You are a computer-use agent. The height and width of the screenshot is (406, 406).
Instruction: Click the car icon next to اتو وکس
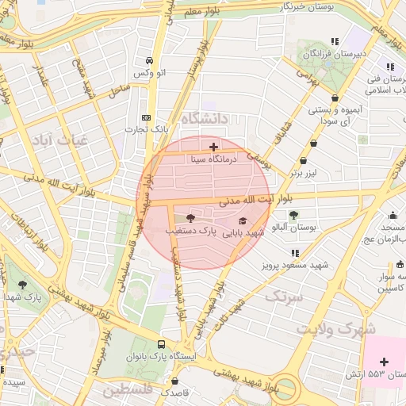point(148,61)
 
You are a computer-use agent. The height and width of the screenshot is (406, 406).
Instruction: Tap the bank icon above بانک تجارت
point(145,116)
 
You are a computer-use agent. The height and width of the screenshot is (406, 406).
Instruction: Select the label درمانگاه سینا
point(213,159)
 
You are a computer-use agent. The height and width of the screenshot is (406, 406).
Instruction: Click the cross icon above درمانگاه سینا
point(213,147)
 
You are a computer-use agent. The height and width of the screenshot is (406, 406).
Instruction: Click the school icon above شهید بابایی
point(242,220)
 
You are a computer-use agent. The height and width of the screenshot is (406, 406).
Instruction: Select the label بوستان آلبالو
point(293,228)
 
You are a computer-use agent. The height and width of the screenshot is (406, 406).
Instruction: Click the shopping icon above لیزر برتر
point(315,144)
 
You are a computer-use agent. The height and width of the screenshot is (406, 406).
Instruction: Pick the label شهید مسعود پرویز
point(293,264)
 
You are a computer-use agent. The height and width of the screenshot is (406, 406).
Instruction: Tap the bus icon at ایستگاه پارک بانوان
point(162,345)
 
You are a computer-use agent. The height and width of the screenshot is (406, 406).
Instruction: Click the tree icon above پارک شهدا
point(22,283)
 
